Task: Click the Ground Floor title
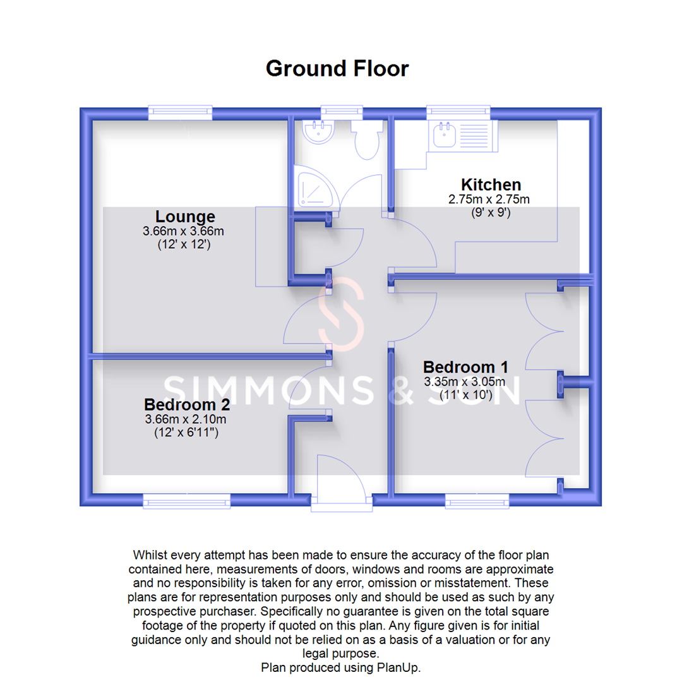coord(337,68)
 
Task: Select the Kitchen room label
coord(491,184)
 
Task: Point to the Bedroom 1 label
coord(465,367)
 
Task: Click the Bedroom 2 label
coord(186,404)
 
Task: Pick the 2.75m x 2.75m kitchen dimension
coord(488,200)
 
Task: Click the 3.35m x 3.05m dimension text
coord(465,381)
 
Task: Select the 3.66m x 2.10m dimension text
coord(186,419)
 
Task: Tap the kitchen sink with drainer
coord(462,135)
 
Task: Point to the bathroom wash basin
coord(318,131)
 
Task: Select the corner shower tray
coord(316,189)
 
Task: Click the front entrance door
coord(342,480)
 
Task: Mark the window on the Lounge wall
coord(180,113)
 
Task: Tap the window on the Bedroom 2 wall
coord(187,502)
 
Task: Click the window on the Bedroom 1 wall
coord(477,502)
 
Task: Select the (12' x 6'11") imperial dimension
coord(186,433)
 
